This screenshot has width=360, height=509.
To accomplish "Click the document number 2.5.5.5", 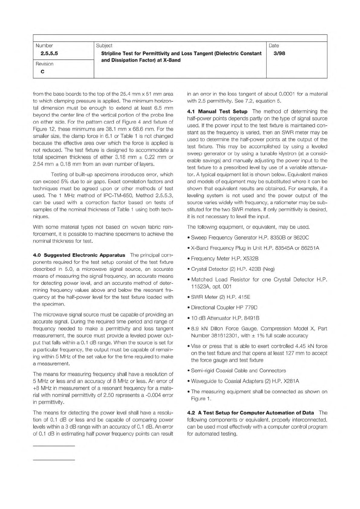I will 47,53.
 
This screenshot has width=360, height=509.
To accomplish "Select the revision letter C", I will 42,72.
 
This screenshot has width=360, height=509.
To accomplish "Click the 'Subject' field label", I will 104,46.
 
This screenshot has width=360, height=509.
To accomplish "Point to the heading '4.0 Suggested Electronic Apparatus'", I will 79,255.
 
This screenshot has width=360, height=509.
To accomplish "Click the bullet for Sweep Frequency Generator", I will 189,238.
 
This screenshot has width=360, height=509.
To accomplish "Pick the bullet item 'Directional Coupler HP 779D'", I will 224,308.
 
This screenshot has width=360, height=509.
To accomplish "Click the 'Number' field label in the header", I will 44,46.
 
